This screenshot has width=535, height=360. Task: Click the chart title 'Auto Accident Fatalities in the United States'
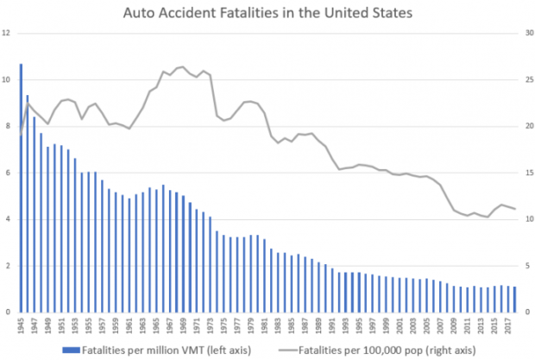[267, 13]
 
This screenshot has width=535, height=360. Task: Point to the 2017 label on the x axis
[510, 326]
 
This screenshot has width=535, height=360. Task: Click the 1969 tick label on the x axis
[184, 326]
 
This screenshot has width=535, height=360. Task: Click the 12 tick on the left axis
[6, 34]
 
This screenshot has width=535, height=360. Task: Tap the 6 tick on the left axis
[8, 173]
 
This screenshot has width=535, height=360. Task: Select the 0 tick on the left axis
[8, 312]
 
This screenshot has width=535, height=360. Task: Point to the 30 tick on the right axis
[526, 34]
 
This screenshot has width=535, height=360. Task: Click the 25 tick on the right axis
[526, 80]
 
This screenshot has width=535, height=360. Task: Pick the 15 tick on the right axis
[526, 173]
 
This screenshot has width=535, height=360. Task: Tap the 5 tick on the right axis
[526, 266]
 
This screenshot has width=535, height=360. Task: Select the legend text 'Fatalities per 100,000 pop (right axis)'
[388, 350]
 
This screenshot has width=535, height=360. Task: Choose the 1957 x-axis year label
[103, 326]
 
